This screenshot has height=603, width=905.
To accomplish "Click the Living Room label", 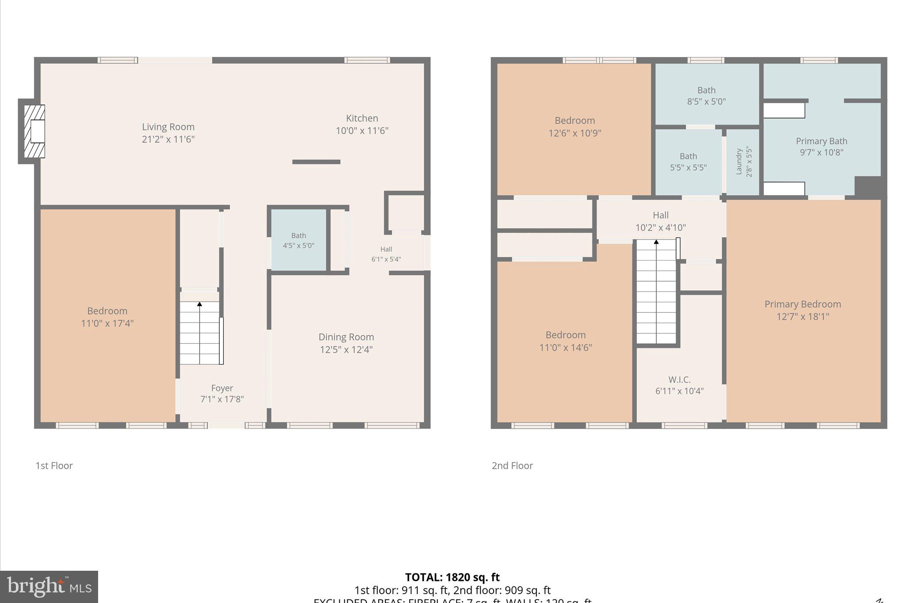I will (x=168, y=127).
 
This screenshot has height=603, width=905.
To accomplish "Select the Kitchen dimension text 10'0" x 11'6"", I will (x=362, y=131).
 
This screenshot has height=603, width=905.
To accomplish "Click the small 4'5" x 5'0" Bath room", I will (x=298, y=240).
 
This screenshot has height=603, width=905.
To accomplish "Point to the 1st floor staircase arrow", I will (x=199, y=304).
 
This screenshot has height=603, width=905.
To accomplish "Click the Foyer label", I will (x=222, y=388).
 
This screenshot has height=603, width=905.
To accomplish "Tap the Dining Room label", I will (x=346, y=337).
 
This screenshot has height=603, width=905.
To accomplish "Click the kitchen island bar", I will (x=316, y=162).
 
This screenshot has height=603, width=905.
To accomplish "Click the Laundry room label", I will (x=739, y=162).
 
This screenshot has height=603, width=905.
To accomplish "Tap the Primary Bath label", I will (x=821, y=141).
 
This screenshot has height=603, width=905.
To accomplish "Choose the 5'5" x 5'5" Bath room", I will (x=688, y=162).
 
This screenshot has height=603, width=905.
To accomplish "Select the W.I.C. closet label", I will (x=679, y=380).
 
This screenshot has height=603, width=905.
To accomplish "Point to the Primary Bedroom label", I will (x=802, y=304).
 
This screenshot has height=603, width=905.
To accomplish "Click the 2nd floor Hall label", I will (x=660, y=215).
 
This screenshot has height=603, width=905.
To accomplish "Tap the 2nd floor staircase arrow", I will (x=656, y=242).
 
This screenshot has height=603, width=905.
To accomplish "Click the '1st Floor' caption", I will (x=54, y=466).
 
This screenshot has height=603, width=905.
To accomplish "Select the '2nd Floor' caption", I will (x=512, y=466).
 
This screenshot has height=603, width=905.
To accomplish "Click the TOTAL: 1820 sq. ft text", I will (x=452, y=577).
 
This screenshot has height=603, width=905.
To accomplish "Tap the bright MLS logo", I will (x=49, y=587).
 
